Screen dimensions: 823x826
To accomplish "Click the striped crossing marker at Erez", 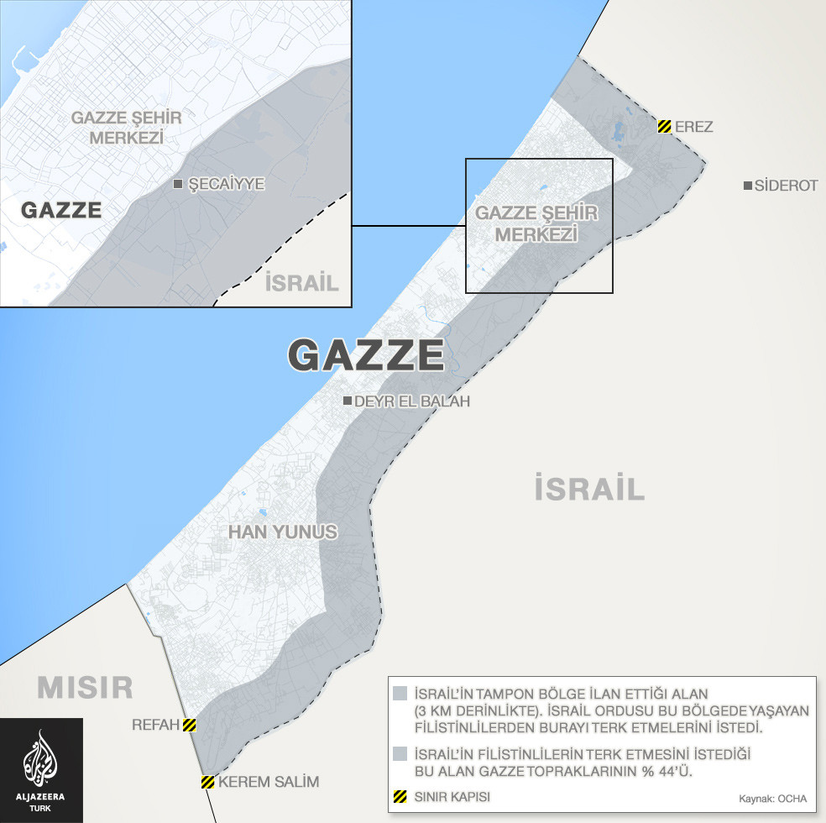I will (x=664, y=127).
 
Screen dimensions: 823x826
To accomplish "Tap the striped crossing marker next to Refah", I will (x=190, y=725).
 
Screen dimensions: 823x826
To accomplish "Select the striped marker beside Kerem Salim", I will (x=207, y=783).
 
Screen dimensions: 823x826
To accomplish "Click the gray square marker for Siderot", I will (x=747, y=186).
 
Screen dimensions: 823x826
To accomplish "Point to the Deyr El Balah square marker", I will (x=348, y=401).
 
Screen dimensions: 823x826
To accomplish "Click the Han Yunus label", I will (x=283, y=532).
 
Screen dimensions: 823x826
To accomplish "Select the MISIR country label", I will (x=85, y=688).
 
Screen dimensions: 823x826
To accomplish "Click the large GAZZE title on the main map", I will (x=366, y=355).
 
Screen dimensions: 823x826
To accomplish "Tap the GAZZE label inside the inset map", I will (x=61, y=210).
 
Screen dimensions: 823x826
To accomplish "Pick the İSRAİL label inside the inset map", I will (x=301, y=282).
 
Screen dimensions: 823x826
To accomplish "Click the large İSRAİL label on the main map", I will (x=589, y=488).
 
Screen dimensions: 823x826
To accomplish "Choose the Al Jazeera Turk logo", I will (x=41, y=769).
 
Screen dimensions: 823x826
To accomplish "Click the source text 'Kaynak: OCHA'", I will (x=771, y=798).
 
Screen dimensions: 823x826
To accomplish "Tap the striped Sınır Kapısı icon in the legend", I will (x=400, y=795).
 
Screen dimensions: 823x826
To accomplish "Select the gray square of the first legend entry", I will (x=400, y=694).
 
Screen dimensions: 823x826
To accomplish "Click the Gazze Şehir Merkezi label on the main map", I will (x=536, y=224).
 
